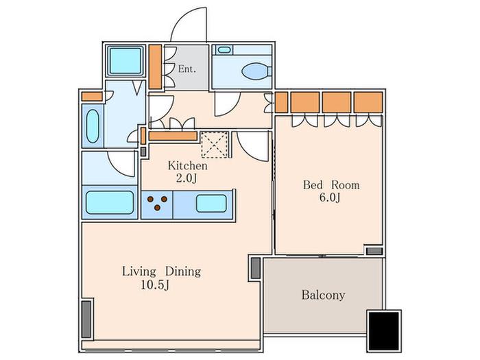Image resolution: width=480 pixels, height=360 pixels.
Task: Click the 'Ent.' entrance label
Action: pyautogui.click(x=187, y=69)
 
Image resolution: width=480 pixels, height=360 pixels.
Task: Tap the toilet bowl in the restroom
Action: pyautogui.click(x=256, y=71)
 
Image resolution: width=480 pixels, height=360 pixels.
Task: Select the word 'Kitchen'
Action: pyautogui.click(x=187, y=166)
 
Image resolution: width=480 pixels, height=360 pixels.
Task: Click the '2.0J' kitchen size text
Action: pyautogui.click(x=186, y=178)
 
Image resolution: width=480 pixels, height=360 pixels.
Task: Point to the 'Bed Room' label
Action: pyautogui.click(x=331, y=185)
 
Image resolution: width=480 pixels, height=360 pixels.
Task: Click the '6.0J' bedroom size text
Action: pyautogui.click(x=330, y=197)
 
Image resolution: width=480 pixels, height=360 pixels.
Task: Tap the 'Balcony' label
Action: pyautogui.click(x=323, y=295)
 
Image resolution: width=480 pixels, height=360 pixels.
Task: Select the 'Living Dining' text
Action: pyautogui.click(x=162, y=272)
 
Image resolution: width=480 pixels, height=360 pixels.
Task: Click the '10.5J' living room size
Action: pyautogui.click(x=155, y=285)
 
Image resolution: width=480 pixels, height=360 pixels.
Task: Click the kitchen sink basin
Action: pyautogui.click(x=211, y=204)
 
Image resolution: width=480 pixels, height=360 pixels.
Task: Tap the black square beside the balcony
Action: pyautogui.click(x=384, y=331)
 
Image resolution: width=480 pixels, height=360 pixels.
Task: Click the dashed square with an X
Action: pyautogui.click(x=215, y=145)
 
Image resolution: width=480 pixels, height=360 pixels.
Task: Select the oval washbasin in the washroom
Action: pyautogui.click(x=93, y=126)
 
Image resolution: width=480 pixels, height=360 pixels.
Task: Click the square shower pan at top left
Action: pyautogui.click(x=125, y=60)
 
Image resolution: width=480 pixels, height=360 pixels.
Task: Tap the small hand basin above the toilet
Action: pyautogui.click(x=224, y=49)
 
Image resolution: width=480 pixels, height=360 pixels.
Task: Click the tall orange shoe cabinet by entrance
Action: pyautogui.click(x=155, y=67)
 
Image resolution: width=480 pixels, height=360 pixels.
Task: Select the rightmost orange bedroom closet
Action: pyautogui.click(x=368, y=102)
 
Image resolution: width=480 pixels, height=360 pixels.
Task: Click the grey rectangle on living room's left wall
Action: pyautogui.click(x=86, y=319)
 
